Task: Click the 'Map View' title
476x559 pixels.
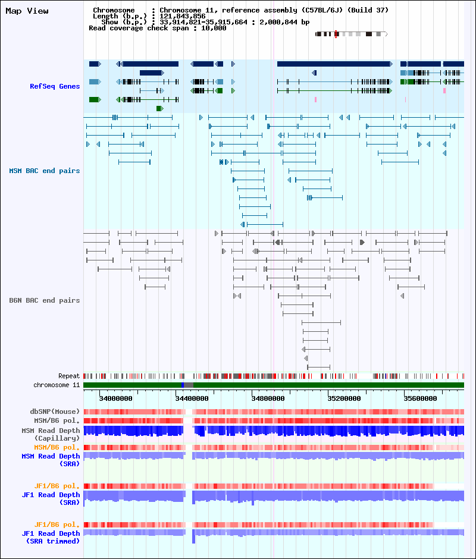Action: click(x=27, y=11)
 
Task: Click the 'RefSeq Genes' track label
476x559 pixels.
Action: click(x=55, y=86)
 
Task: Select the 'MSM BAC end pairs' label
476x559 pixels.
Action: click(x=45, y=171)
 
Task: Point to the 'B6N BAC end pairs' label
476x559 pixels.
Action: click(x=45, y=300)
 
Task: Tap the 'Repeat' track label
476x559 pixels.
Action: click(x=69, y=376)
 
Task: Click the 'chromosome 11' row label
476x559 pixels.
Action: click(x=57, y=385)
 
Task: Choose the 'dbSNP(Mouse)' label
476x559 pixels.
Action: click(x=55, y=412)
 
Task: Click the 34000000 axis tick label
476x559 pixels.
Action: click(x=115, y=398)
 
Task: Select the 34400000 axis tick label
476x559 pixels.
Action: click(x=192, y=398)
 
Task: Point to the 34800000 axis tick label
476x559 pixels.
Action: click(x=268, y=398)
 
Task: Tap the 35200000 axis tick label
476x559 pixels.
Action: click(x=344, y=398)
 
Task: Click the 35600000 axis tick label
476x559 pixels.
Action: click(x=420, y=398)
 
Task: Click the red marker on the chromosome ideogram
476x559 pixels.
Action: click(x=336, y=34)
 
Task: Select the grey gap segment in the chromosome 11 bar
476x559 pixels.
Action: click(x=189, y=385)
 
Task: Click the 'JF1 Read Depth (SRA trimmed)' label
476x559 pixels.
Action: click(x=51, y=537)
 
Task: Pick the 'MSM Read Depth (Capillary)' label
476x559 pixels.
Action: click(x=51, y=434)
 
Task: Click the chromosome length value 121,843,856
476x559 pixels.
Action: click(x=182, y=16)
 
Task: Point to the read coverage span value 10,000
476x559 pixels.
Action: click(x=214, y=28)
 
